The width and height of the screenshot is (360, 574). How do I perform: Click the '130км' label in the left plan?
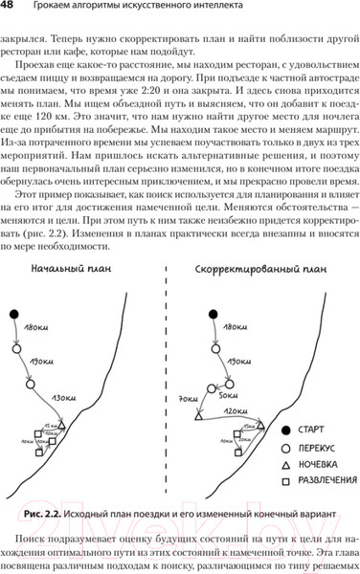click(x=64, y=395)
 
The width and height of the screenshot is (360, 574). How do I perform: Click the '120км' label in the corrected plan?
click(x=234, y=411)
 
